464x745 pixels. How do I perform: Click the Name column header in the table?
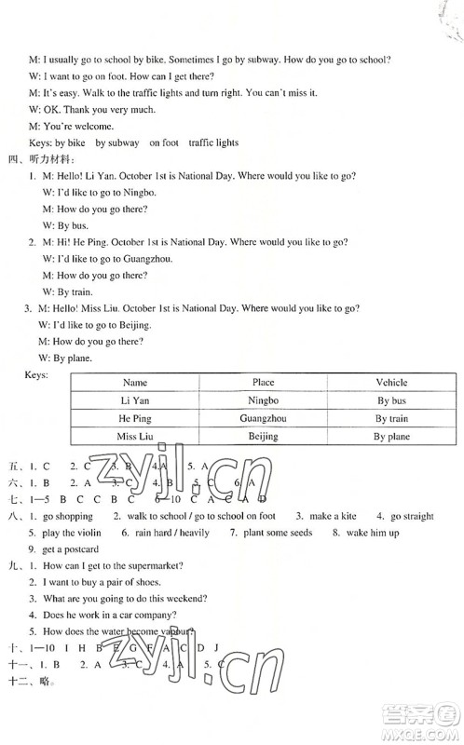pos(135,382)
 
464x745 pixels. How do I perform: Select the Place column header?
pos(264,382)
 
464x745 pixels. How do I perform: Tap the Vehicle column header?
pos(391,382)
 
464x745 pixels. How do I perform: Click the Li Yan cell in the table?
pos(135,400)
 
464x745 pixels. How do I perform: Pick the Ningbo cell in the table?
pos(264,400)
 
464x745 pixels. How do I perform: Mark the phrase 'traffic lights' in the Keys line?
pos(213,142)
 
